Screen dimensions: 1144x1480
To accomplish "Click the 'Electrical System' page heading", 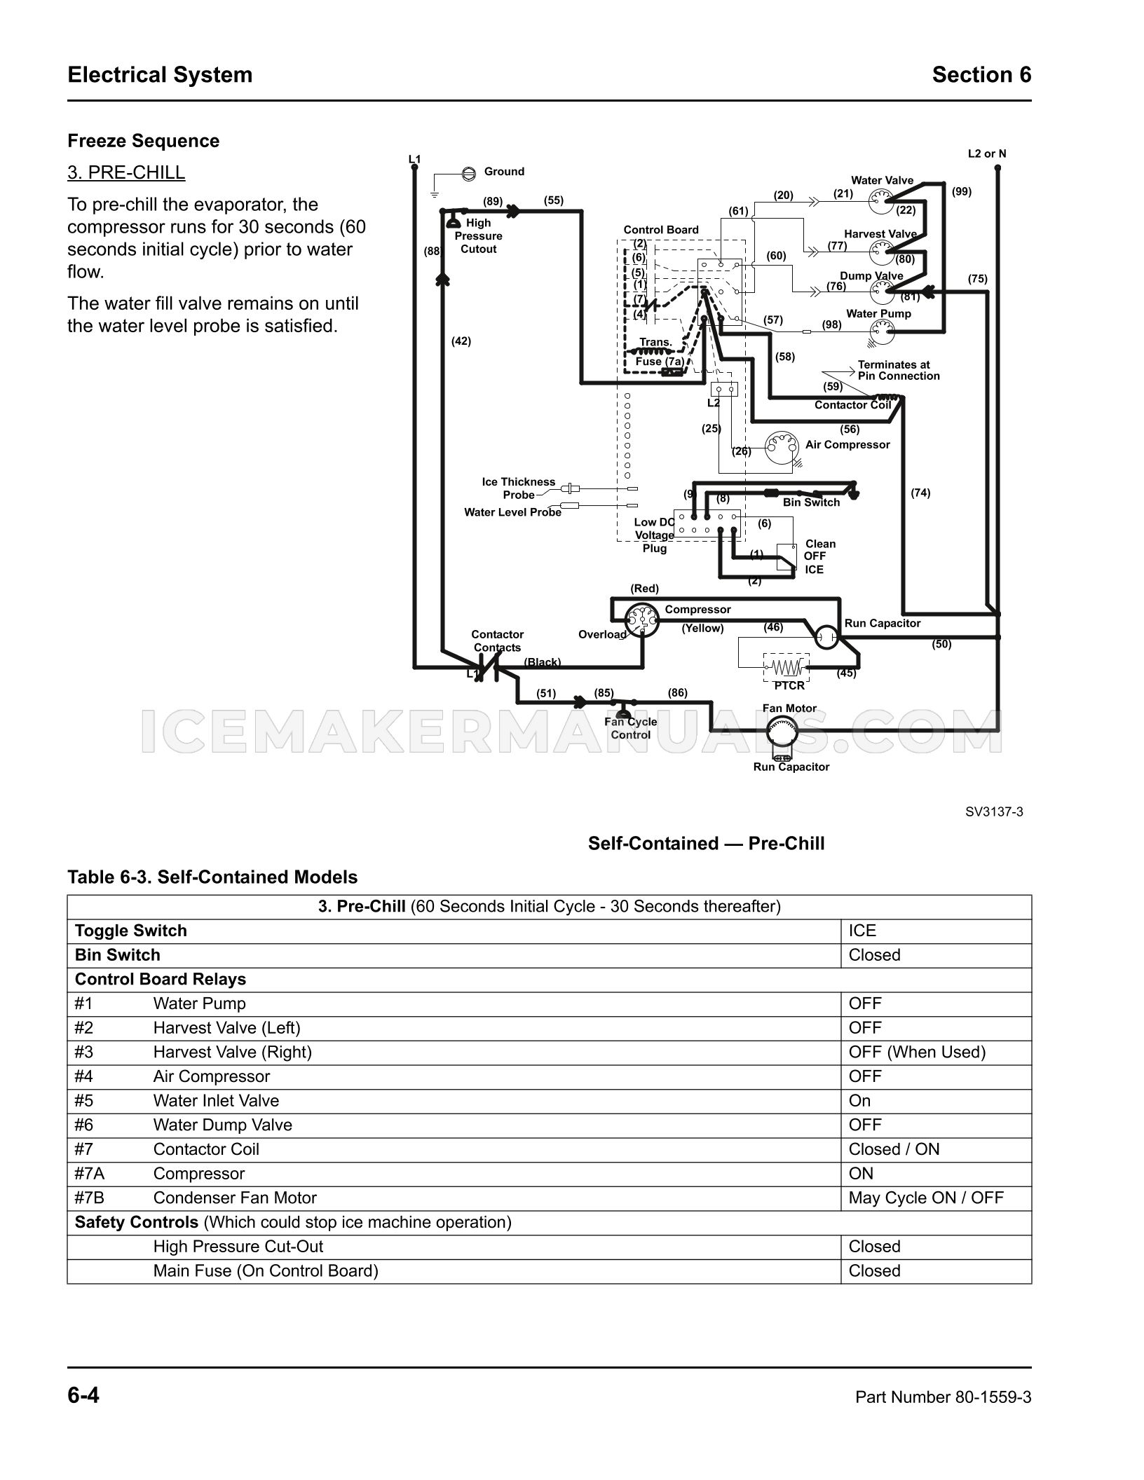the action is [x=160, y=75].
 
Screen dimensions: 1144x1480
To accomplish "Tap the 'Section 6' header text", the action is [x=981, y=75].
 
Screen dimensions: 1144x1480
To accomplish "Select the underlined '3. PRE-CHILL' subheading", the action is [x=126, y=172].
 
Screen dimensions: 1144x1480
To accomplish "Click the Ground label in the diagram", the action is [x=504, y=172].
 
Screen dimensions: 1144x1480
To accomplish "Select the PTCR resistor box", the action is [x=786, y=666].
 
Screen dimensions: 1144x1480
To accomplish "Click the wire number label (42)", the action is [x=461, y=341].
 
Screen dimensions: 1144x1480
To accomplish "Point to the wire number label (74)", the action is [x=920, y=493].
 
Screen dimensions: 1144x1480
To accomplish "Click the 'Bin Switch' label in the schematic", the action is [x=811, y=502].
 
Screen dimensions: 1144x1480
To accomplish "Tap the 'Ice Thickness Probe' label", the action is [x=519, y=488].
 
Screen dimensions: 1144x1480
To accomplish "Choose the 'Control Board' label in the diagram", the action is [x=661, y=230].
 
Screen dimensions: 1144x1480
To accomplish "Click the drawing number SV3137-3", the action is [x=994, y=812].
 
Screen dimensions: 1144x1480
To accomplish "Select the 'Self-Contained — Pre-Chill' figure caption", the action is [x=707, y=844].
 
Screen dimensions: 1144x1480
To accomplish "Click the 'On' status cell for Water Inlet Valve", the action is [x=859, y=1101].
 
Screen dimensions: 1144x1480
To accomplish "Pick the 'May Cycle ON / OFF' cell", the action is [x=926, y=1198].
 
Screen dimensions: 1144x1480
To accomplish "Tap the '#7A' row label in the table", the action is [x=90, y=1174].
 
